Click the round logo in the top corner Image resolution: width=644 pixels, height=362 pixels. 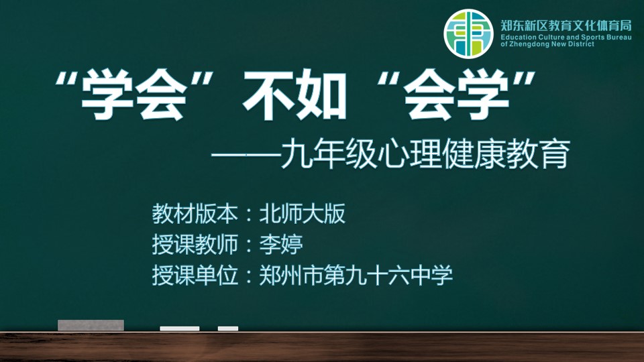468,34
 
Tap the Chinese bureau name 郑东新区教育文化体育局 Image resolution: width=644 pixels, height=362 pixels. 566,26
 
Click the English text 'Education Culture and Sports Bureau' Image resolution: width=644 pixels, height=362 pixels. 566,38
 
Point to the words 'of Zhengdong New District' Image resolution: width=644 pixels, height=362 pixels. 547,44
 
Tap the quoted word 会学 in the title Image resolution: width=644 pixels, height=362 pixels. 456,95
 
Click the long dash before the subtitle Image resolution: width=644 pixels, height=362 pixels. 246,156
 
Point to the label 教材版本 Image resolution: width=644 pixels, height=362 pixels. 195,214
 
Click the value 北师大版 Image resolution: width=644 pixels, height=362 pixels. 303,214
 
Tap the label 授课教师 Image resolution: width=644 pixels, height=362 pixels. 195,245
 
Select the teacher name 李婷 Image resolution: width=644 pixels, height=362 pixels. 281,245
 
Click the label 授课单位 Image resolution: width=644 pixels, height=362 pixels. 195,276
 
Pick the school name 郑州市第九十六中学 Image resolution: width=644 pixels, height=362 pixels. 356,276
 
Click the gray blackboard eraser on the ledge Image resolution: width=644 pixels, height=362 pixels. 91,325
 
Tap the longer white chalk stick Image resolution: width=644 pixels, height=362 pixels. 180,328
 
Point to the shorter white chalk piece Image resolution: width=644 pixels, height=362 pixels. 228,328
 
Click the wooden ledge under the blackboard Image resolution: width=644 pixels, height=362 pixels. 322,347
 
